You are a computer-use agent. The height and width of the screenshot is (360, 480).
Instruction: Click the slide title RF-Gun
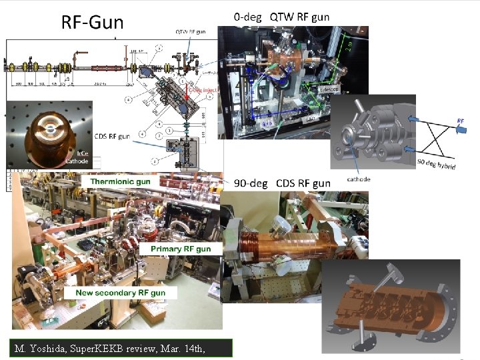click(93, 23)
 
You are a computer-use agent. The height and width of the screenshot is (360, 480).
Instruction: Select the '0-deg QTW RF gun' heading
click(281, 16)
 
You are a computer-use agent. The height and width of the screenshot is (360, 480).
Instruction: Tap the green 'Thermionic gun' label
click(121, 181)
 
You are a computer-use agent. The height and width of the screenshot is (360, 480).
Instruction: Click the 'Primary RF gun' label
click(180, 249)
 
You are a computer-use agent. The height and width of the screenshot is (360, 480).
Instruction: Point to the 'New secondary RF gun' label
click(125, 292)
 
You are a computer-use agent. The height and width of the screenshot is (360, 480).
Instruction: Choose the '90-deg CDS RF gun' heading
click(282, 183)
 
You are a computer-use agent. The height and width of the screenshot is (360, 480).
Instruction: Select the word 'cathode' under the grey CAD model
click(359, 179)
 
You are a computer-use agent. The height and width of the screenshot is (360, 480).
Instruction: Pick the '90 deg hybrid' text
click(437, 162)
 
